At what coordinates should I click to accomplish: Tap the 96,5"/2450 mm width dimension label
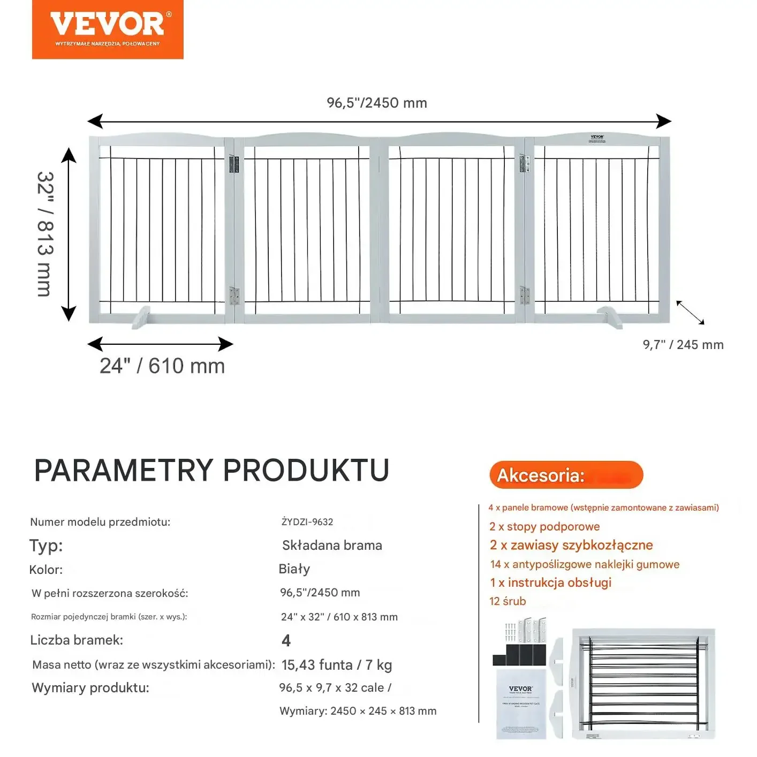pos(377,103)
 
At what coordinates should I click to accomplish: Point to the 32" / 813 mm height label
pos(46,234)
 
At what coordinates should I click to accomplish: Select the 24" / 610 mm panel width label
pos(162,366)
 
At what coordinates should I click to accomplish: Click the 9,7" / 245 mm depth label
pos(683,345)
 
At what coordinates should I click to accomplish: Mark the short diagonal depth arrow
pos(690,313)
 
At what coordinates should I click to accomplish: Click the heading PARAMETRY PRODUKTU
pos(211,471)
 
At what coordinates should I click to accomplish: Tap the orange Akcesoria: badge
pos(566,475)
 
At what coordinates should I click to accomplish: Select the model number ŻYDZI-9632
pos(307,522)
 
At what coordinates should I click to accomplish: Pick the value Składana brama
pos(332,546)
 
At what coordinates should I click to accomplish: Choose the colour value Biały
pos(294,569)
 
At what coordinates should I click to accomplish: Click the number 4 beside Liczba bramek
pos(286,640)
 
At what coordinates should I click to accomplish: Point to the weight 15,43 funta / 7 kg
pos(337,665)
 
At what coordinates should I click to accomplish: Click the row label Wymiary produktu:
pos(90,688)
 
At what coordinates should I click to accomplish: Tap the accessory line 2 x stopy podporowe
pos(544,527)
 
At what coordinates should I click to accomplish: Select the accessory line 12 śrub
pos(508,601)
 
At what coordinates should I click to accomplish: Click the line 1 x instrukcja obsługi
pos(551,582)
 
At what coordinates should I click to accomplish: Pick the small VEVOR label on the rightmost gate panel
pos(597,138)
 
